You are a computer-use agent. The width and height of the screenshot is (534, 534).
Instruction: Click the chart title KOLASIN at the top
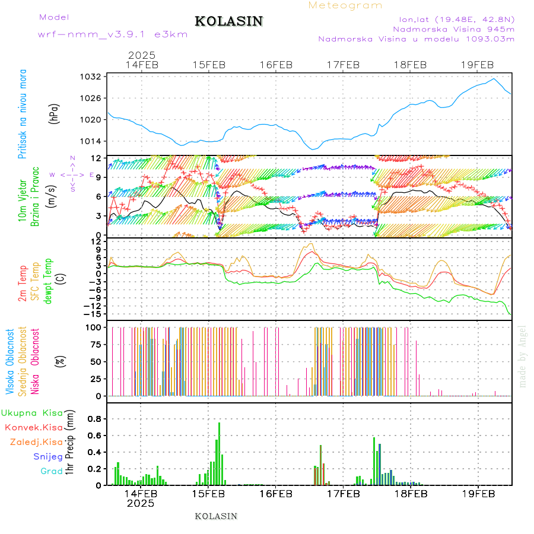click(x=228, y=21)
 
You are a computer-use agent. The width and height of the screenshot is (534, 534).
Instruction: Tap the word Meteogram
click(x=345, y=5)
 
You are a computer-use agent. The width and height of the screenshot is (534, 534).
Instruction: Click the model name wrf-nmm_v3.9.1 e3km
click(x=113, y=34)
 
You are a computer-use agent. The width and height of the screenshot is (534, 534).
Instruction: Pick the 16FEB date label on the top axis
click(x=276, y=65)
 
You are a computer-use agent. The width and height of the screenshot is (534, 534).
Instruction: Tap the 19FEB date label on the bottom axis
click(x=477, y=494)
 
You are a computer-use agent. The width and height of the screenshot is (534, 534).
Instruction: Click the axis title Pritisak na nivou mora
click(x=23, y=114)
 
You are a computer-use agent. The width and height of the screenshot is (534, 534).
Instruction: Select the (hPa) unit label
click(x=55, y=114)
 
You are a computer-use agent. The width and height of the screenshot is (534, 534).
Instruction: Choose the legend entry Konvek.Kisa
click(x=33, y=427)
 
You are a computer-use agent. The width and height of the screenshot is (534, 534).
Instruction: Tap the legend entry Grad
click(x=51, y=472)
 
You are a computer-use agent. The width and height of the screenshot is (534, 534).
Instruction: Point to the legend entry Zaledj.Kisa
click(x=36, y=442)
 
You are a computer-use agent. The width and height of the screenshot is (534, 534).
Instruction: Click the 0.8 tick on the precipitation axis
click(x=94, y=419)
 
